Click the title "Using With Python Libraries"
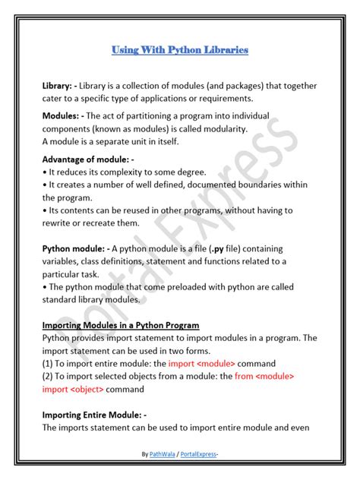(180, 50)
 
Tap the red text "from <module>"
(264, 376)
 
